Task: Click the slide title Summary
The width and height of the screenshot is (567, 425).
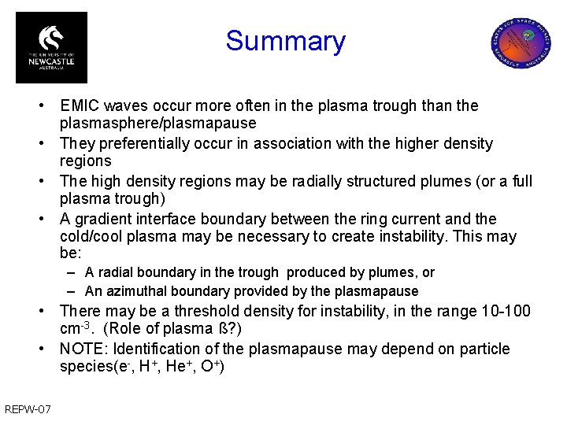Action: [x=285, y=41]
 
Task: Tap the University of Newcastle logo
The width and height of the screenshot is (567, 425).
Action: [x=51, y=47]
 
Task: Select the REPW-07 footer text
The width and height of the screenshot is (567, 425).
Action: [x=28, y=408]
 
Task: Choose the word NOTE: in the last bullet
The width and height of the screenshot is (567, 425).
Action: [x=83, y=349]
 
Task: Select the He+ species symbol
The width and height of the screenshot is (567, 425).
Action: [x=176, y=367]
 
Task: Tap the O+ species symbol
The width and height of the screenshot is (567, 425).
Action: [x=210, y=367]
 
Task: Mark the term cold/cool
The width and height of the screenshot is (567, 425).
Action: [x=93, y=237]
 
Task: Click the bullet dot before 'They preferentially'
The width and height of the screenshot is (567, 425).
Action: [x=49, y=144]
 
